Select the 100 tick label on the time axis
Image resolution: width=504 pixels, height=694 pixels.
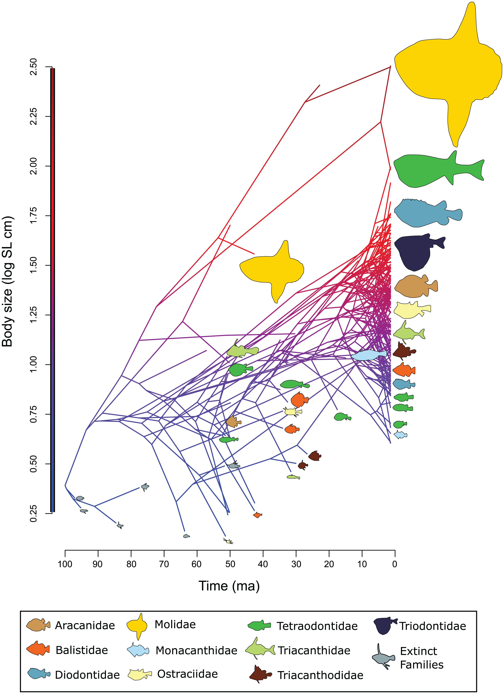(65, 564)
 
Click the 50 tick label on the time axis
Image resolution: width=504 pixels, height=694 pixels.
(230, 564)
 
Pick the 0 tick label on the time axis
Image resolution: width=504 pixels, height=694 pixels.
(395, 564)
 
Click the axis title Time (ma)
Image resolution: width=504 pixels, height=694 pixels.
(229, 586)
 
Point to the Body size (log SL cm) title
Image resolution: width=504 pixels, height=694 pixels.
(7, 281)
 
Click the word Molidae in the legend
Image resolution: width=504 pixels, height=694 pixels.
(175, 624)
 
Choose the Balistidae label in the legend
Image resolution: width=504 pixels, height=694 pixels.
(82, 650)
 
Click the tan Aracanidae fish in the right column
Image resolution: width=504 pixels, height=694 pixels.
(415, 286)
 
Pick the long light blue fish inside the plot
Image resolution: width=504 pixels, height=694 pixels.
(369, 355)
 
